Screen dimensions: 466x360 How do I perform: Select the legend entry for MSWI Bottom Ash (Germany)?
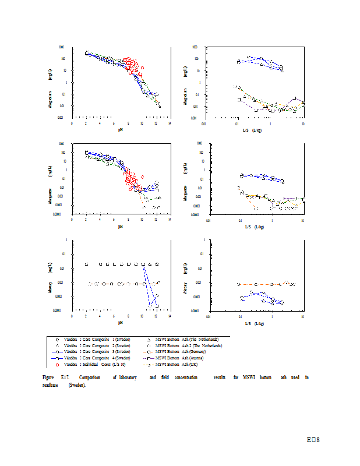[x=187, y=352]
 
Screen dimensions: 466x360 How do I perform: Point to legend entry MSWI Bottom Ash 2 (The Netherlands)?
[x=189, y=345]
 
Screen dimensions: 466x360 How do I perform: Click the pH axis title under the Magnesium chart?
[x=121, y=129]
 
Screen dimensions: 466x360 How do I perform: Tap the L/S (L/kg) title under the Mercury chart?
[x=254, y=322]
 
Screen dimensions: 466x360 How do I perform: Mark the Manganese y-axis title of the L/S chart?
[x=185, y=195]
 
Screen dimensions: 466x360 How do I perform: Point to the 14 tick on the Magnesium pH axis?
[x=170, y=123]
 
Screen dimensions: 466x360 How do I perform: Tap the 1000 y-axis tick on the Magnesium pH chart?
[x=62, y=47]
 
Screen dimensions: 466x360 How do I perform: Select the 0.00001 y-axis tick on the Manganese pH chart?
[x=60, y=214]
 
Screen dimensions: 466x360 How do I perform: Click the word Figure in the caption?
[x=48, y=378]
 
